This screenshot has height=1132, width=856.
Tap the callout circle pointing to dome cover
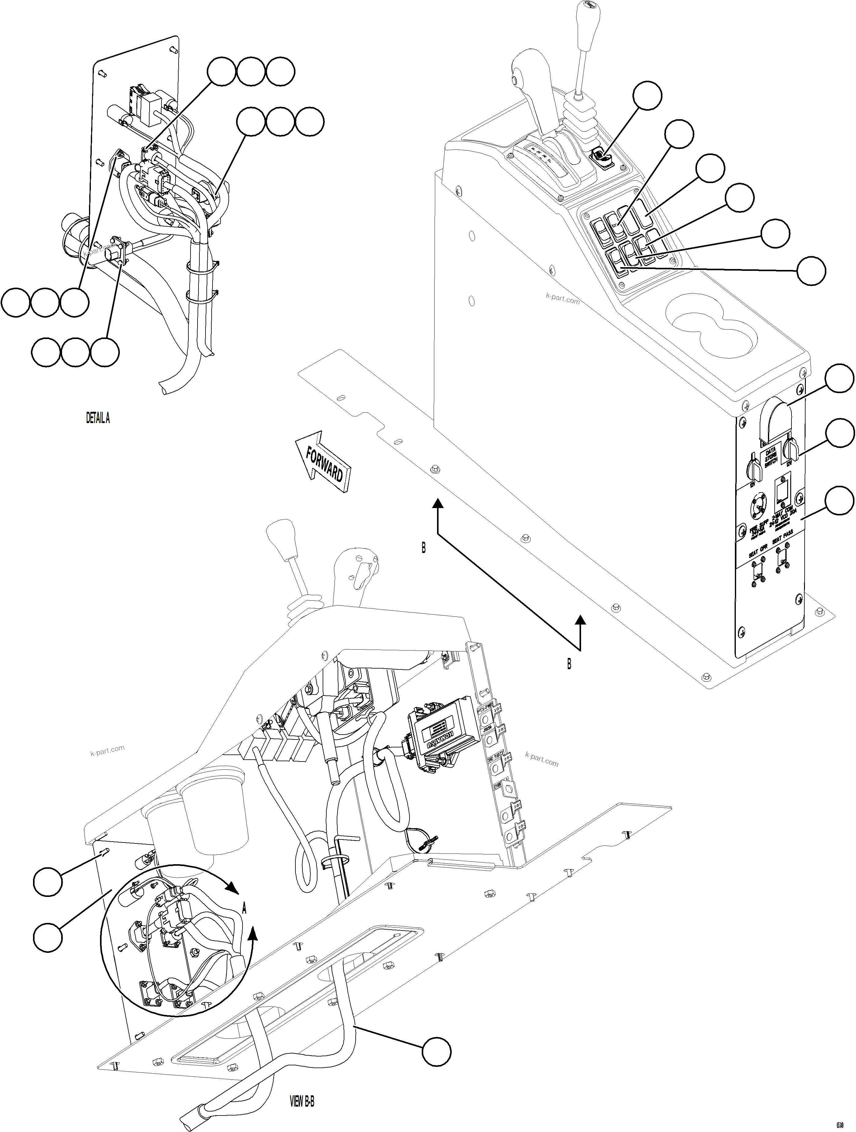pos(839,379)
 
